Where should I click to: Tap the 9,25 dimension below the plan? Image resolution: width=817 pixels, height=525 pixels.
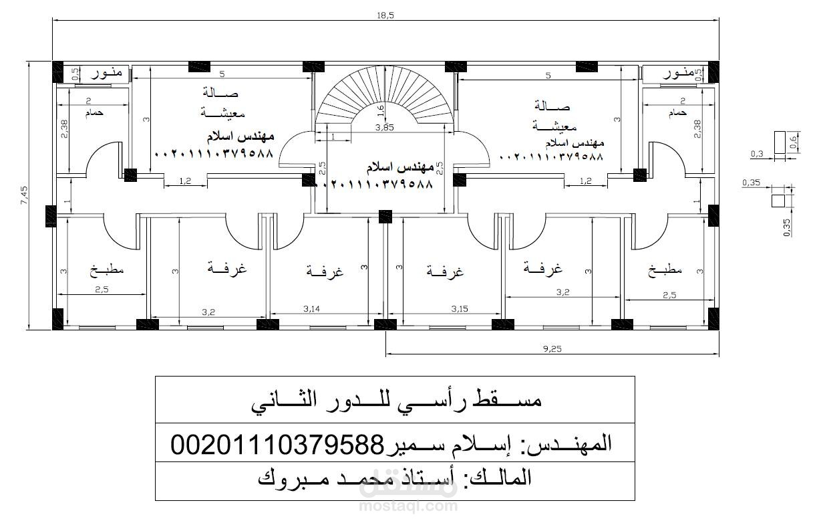pos(552,348)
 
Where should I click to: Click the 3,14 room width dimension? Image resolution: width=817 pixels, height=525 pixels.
pos(312,308)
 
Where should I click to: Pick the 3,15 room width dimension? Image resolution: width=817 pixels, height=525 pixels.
pos(459,308)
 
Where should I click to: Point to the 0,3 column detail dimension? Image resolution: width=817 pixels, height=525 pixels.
pos(757,154)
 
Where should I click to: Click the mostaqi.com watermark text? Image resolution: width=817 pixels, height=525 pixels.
pos(408,506)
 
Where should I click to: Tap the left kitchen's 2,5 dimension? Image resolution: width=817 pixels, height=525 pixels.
pos(102,289)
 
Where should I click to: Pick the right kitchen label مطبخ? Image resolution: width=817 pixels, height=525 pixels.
pos(665,270)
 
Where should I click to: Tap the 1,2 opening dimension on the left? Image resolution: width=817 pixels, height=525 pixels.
pos(185,181)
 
